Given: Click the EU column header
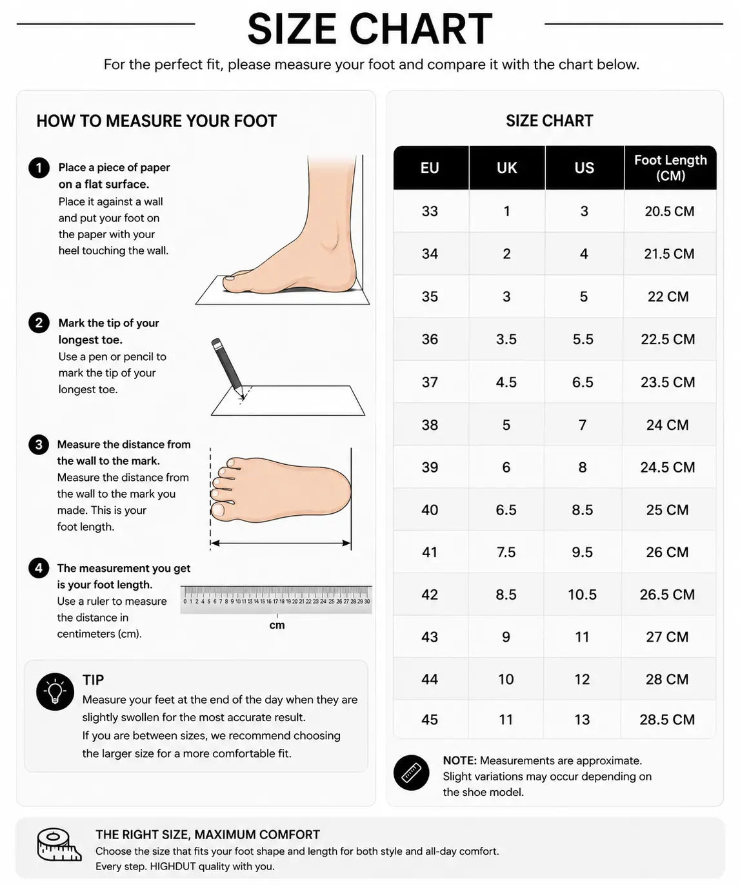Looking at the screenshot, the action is click(x=430, y=168).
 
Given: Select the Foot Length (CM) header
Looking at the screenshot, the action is click(x=670, y=168).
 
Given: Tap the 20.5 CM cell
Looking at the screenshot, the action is click(x=669, y=211).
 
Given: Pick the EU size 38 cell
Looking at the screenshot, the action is click(x=430, y=425).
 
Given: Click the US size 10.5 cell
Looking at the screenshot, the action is click(x=582, y=595).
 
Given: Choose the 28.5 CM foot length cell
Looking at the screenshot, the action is click(x=667, y=719).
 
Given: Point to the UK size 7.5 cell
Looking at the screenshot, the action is click(x=506, y=553).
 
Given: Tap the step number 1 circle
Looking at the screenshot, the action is click(x=39, y=168).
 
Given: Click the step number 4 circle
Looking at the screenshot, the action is click(x=39, y=567).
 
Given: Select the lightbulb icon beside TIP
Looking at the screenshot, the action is click(x=55, y=692).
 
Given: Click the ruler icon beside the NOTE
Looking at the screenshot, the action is click(x=412, y=773).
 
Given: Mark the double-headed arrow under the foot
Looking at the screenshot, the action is click(x=281, y=543).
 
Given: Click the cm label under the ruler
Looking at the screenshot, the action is click(x=277, y=625).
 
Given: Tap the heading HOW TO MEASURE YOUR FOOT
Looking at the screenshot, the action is click(x=156, y=121).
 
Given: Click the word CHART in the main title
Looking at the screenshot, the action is click(x=421, y=29).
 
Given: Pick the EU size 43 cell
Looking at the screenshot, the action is click(x=430, y=637).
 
